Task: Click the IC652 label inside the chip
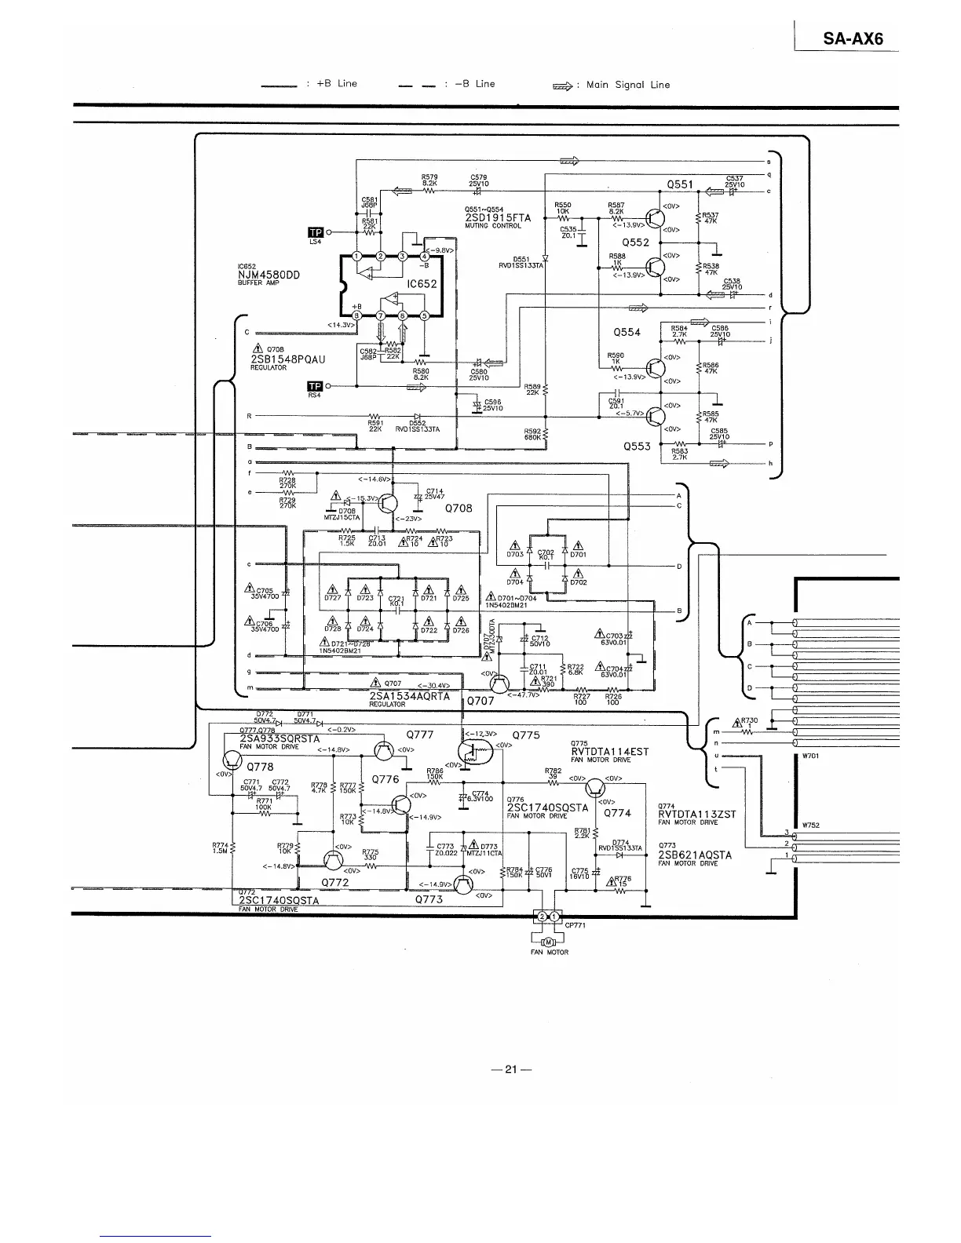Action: click(422, 284)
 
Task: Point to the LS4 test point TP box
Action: click(316, 232)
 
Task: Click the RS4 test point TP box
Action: click(316, 386)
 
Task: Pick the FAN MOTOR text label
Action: click(550, 953)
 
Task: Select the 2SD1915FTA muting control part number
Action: click(498, 217)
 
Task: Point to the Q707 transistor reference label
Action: click(480, 700)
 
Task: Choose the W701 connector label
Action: click(811, 756)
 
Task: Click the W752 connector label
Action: click(811, 825)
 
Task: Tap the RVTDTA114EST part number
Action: click(609, 751)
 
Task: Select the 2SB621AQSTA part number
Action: click(695, 855)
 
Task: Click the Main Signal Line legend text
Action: click(623, 85)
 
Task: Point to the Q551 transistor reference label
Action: click(680, 184)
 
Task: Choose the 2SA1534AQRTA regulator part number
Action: click(409, 695)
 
